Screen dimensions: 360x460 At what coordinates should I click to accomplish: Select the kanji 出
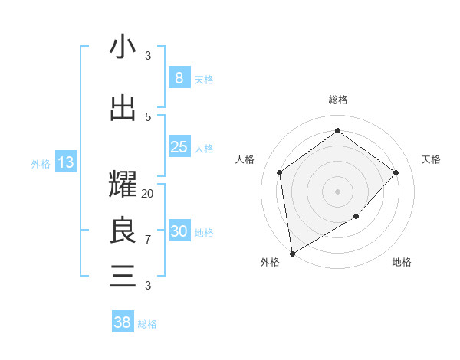[x=123, y=107]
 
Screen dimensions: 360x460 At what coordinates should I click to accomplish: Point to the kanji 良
[x=123, y=230]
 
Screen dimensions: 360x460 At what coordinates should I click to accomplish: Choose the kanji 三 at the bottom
[x=123, y=276]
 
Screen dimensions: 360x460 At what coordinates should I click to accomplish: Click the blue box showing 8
[x=179, y=78]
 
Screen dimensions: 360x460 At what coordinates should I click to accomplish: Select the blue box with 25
[x=179, y=147]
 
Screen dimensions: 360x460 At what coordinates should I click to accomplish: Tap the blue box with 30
[x=179, y=231]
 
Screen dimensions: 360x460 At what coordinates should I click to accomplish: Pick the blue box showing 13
[x=65, y=162]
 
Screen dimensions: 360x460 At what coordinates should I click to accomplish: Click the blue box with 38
[x=123, y=322]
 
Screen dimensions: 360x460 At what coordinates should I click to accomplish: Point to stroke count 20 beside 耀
[x=148, y=194]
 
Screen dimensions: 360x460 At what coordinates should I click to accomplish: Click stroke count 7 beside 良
[x=148, y=240]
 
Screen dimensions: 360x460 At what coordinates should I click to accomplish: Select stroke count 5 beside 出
[x=148, y=116]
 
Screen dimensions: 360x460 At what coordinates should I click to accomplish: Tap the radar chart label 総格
[x=337, y=100]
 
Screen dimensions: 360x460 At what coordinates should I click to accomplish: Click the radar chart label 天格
[x=431, y=159]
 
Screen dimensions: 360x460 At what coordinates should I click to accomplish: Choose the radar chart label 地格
[x=402, y=262]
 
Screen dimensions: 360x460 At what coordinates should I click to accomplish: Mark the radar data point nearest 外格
[x=292, y=253]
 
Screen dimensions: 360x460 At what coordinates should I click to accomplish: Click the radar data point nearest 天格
[x=396, y=172]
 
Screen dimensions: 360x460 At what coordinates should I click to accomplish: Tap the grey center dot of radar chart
[x=337, y=191]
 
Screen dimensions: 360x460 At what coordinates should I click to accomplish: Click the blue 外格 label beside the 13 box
[x=41, y=163]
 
